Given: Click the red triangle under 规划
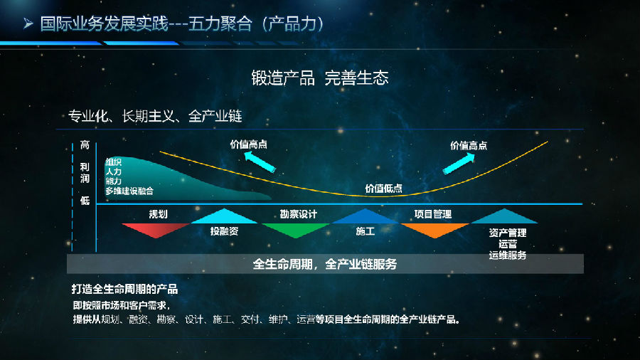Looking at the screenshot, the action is [x=156, y=229].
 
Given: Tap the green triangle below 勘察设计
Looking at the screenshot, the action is [x=296, y=229].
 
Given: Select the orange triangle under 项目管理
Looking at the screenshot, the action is [x=435, y=229].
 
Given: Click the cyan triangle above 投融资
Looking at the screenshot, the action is [x=224, y=217].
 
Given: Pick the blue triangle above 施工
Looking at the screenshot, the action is [x=365, y=217].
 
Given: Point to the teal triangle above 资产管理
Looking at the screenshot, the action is [x=504, y=217].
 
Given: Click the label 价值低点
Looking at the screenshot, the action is [x=383, y=188].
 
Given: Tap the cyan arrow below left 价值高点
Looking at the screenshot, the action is [x=260, y=162].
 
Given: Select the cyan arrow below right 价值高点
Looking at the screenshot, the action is [x=459, y=164].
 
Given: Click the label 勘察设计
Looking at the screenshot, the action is [x=299, y=214].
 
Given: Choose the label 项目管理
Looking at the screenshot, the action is [x=432, y=214].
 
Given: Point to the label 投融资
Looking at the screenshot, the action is [x=224, y=231].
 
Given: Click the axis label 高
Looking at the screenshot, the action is [x=85, y=145].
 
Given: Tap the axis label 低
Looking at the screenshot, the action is [x=85, y=201].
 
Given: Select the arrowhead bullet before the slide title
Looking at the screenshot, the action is [x=28, y=23].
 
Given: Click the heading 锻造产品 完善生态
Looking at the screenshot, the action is [x=319, y=78].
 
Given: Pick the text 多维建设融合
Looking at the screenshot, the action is [x=129, y=191].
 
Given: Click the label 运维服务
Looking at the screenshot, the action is [x=507, y=255].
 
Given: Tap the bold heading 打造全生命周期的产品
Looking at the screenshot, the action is [x=124, y=289].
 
